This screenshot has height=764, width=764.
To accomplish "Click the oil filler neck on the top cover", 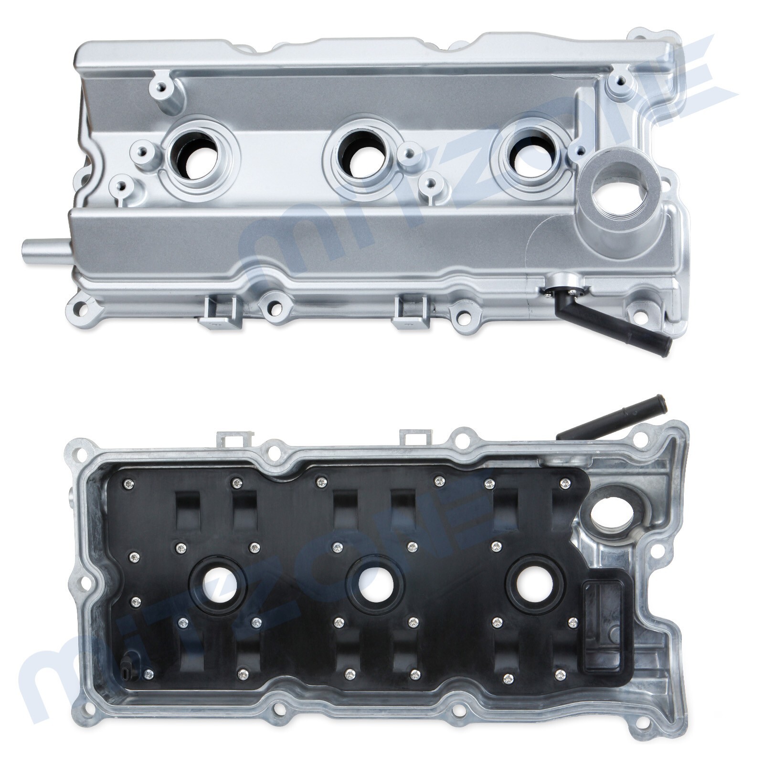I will [x=621, y=192].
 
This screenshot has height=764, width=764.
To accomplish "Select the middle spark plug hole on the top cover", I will [x=361, y=158].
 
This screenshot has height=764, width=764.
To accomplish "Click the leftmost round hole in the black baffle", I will [x=217, y=583].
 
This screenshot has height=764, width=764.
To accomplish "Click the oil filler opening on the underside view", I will [x=612, y=515].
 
